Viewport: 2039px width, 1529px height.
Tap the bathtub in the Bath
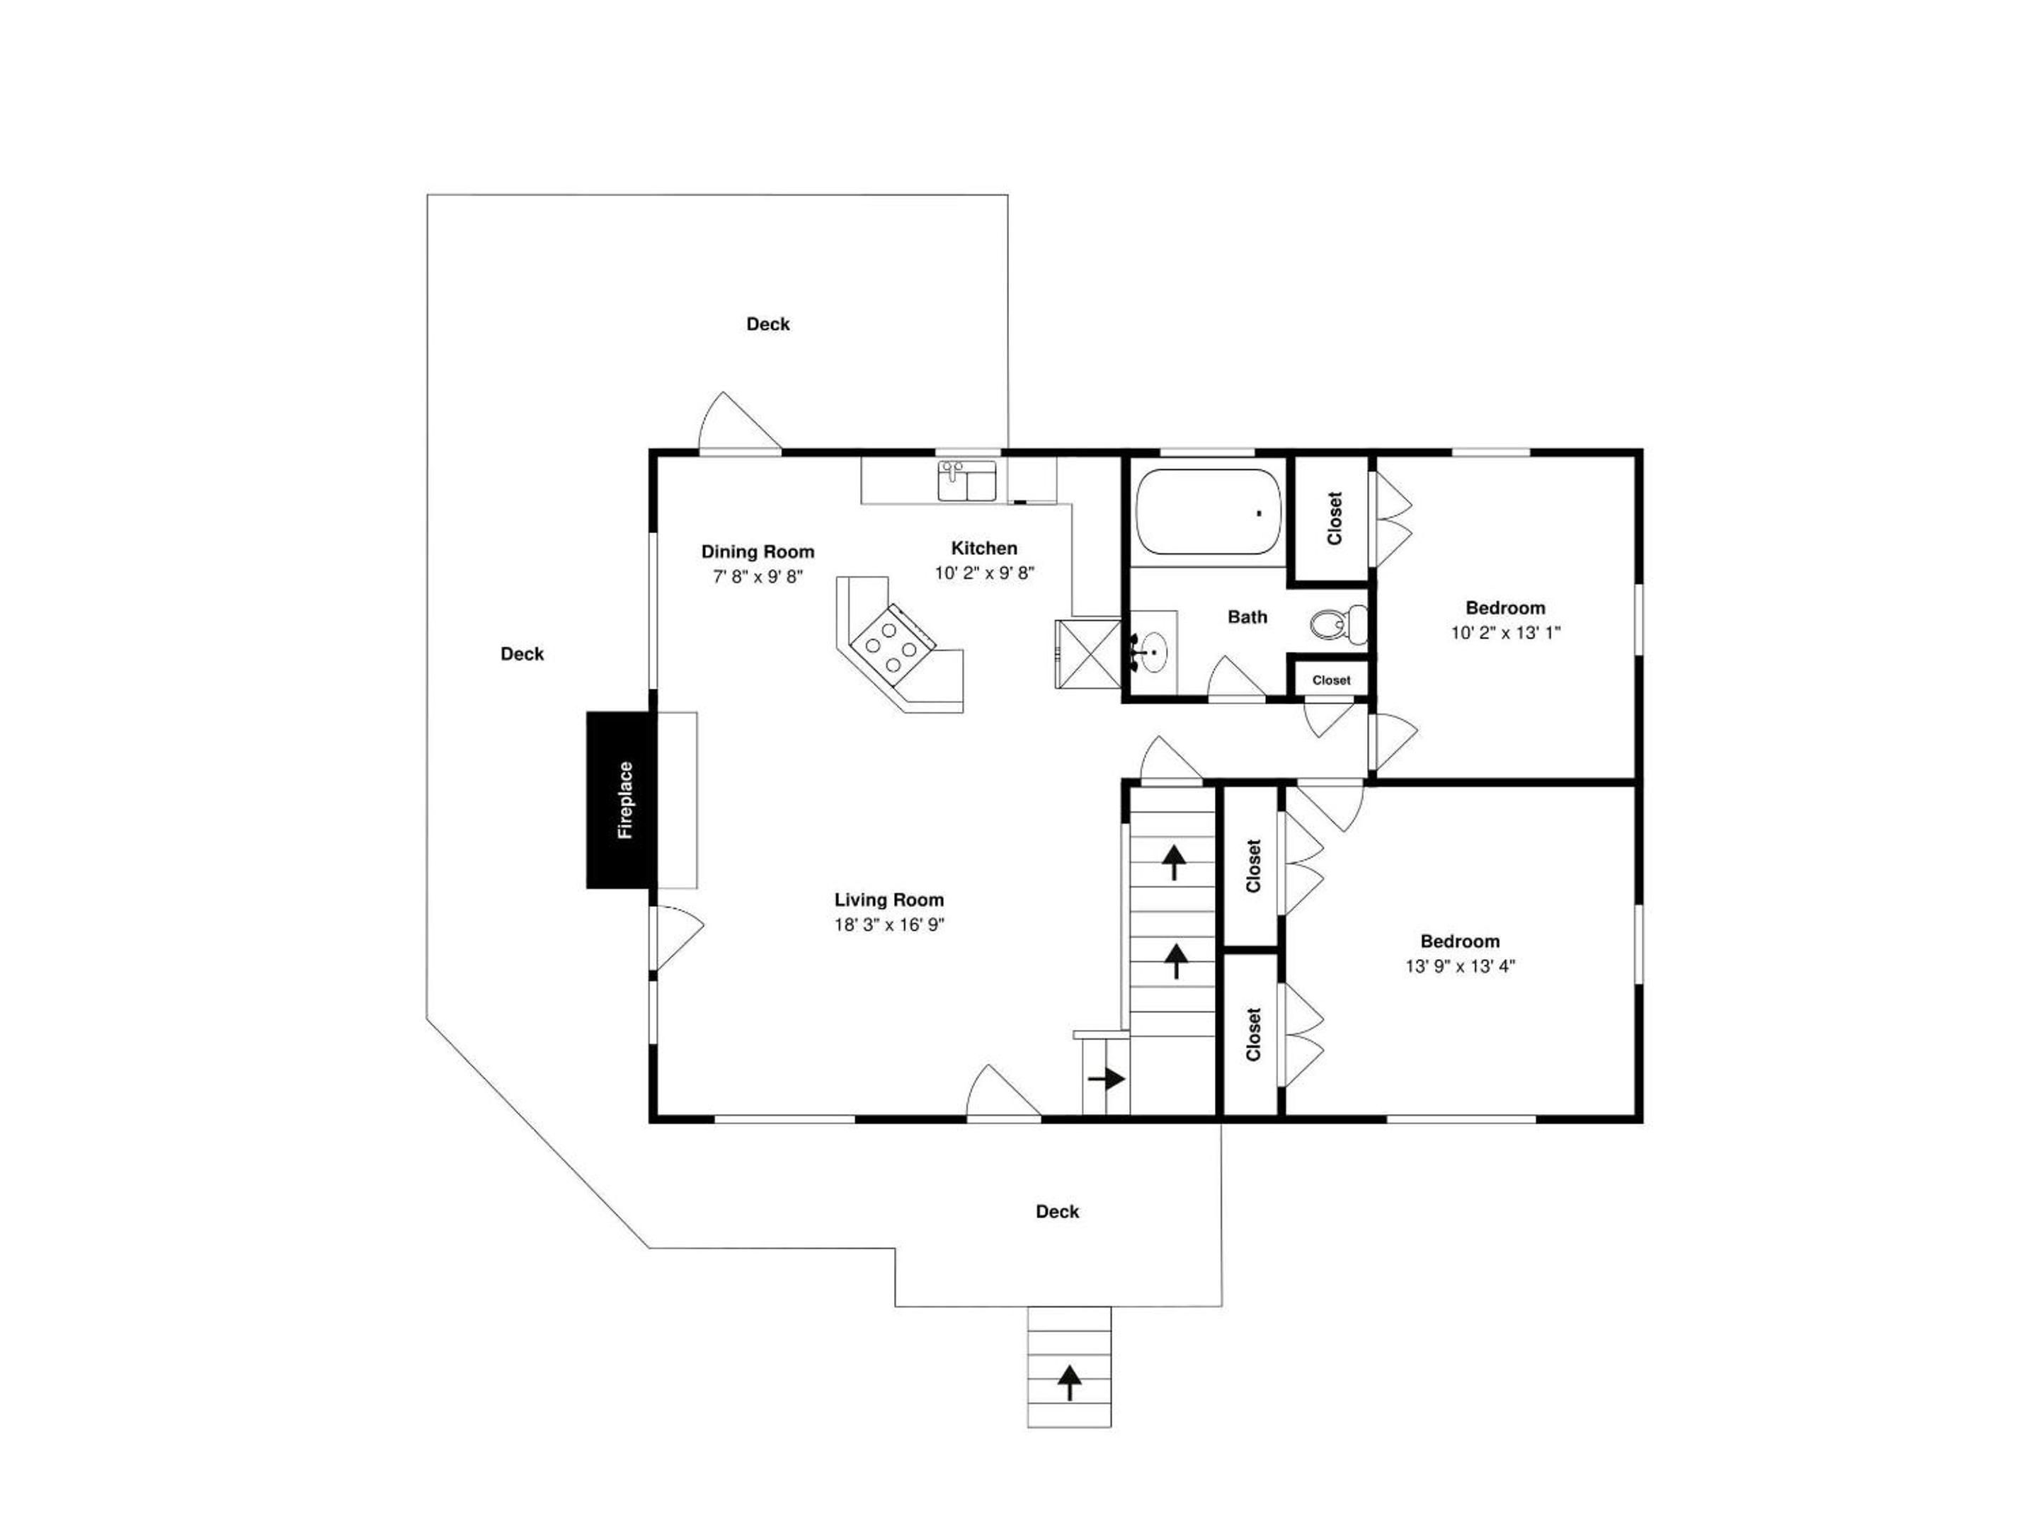pyautogui.click(x=1209, y=512)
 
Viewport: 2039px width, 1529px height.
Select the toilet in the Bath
pyautogui.click(x=1338, y=624)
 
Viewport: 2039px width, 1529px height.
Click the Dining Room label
pyautogui.click(x=758, y=552)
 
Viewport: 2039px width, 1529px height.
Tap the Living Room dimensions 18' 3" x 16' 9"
pyautogui.click(x=889, y=924)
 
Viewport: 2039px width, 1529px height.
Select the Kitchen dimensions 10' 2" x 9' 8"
pyautogui.click(x=985, y=573)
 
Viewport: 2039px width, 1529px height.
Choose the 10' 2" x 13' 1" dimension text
pyautogui.click(x=1505, y=632)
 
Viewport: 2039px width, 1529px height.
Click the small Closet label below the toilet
pyautogui.click(x=1331, y=680)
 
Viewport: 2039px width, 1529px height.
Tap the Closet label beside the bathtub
pyautogui.click(x=1334, y=518)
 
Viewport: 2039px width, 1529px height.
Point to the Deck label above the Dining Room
pyautogui.click(x=768, y=324)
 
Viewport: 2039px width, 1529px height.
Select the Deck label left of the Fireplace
pyautogui.click(x=522, y=654)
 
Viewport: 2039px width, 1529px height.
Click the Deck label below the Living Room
pyautogui.click(x=1057, y=1212)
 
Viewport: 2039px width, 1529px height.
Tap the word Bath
pyautogui.click(x=1247, y=617)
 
